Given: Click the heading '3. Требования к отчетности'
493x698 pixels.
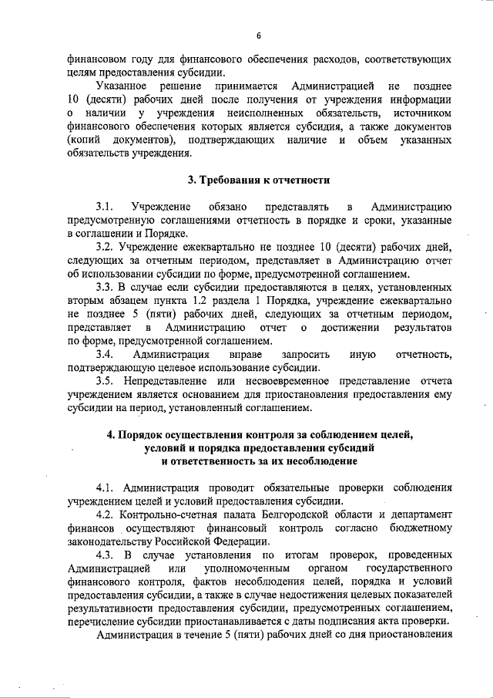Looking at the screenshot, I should (259, 180).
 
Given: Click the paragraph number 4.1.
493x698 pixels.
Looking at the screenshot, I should (106, 488).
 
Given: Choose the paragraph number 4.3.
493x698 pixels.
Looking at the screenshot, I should (106, 555).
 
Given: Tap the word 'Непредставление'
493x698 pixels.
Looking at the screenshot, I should (176, 381).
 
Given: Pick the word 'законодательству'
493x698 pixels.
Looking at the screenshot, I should (114, 542).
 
